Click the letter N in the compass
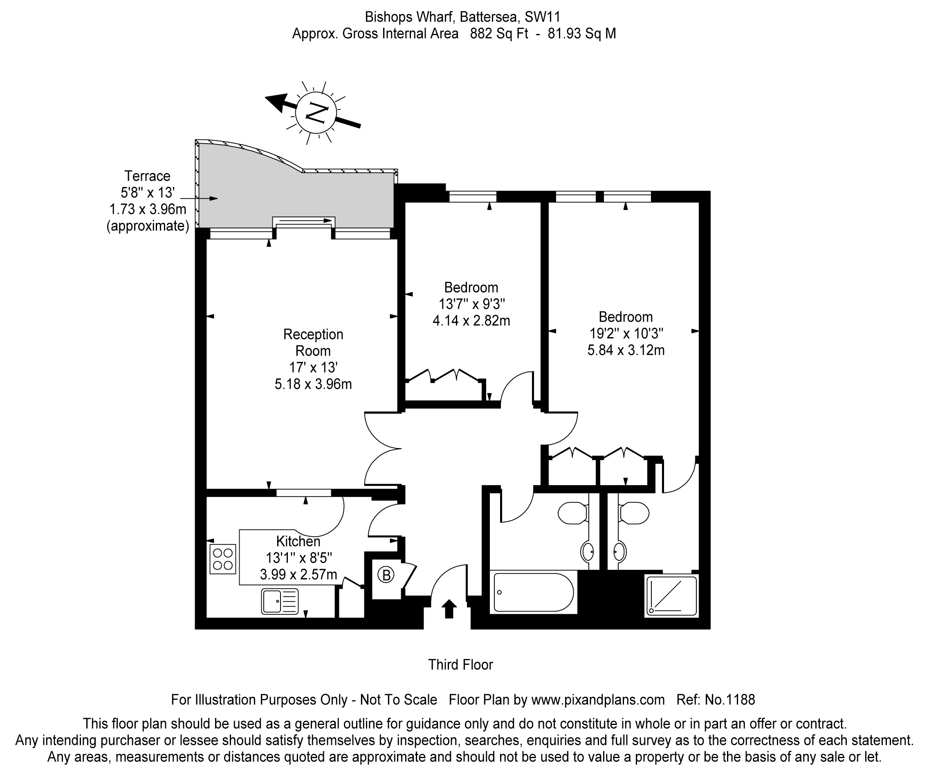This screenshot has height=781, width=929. [317, 113]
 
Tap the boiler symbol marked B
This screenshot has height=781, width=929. [386, 575]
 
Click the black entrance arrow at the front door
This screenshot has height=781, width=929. [449, 608]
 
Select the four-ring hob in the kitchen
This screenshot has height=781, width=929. [222, 559]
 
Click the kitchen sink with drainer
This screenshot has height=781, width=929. [280, 601]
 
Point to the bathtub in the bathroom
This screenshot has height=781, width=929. [533, 592]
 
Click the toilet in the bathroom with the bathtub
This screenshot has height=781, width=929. [572, 513]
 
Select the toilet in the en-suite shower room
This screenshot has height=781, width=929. [634, 513]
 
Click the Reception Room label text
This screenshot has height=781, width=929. [313, 342]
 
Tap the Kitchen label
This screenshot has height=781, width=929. [298, 541]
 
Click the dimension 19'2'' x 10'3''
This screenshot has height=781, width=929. [626, 333]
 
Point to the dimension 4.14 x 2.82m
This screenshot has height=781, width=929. [471, 320]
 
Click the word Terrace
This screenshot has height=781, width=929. [147, 176]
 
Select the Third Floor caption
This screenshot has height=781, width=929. [460, 664]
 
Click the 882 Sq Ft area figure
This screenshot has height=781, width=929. [498, 34]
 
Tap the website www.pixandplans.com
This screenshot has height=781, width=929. [598, 700]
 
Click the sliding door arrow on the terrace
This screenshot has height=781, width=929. [306, 221]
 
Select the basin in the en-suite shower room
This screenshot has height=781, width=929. [619, 551]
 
